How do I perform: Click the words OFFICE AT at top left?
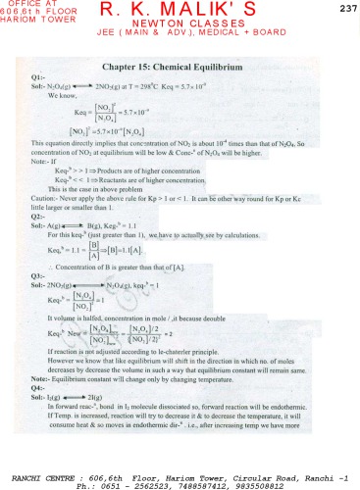click(x=26, y=6)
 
